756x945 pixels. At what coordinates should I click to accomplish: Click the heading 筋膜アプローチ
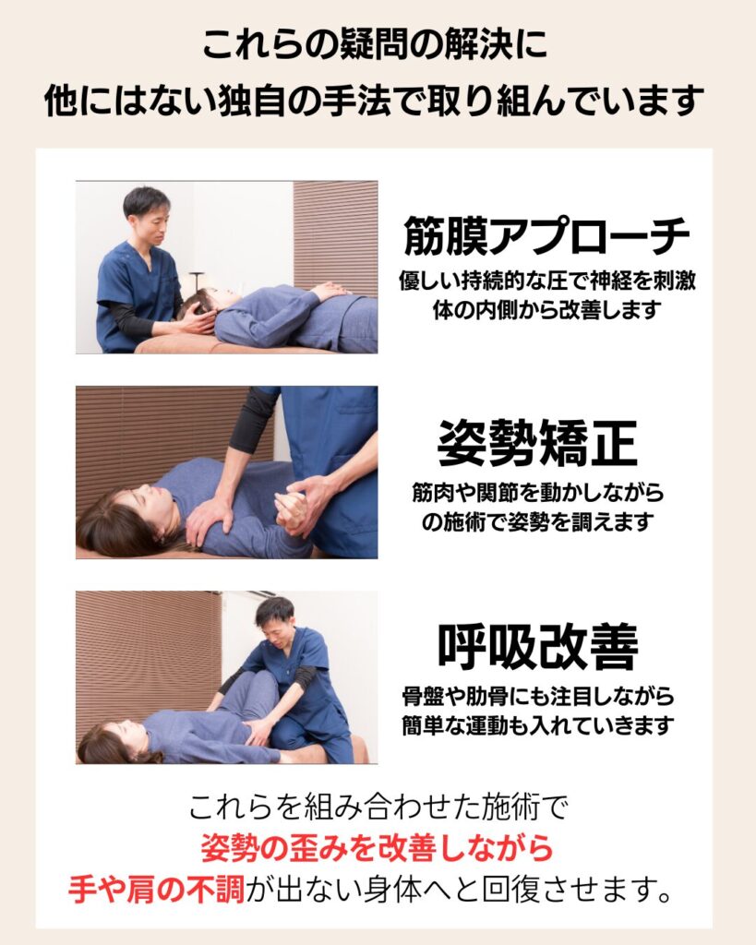(x=546, y=235)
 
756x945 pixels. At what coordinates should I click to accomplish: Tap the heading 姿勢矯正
(x=537, y=444)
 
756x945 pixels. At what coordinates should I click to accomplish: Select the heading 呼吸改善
(x=537, y=647)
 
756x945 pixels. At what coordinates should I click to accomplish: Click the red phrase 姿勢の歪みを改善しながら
(x=377, y=848)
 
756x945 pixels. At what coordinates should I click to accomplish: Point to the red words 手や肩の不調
(x=156, y=889)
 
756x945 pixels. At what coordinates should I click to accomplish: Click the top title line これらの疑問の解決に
(x=374, y=44)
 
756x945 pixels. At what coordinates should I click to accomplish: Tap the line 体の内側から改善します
(x=546, y=309)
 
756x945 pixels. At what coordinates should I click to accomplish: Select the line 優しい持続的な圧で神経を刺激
(x=546, y=280)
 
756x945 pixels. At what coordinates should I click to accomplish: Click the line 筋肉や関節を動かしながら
(x=538, y=493)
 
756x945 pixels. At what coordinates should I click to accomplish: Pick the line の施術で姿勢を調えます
(x=538, y=521)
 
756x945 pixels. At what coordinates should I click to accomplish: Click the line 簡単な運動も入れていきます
(x=538, y=725)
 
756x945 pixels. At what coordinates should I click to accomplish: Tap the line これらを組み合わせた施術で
(x=378, y=807)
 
